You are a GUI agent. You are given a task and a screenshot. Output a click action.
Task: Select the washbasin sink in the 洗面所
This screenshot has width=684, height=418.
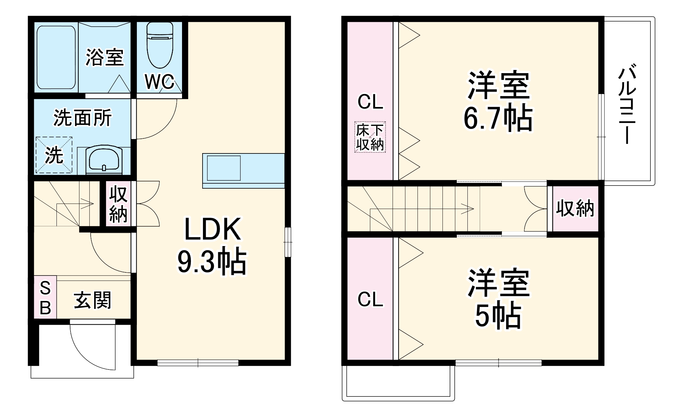[104, 160]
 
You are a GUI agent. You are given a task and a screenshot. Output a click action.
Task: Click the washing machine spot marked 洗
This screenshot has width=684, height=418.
[54, 155]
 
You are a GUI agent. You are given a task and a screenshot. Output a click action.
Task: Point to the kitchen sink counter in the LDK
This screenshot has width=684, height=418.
[243, 171]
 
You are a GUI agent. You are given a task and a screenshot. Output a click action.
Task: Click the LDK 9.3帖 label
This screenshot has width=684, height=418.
[212, 246]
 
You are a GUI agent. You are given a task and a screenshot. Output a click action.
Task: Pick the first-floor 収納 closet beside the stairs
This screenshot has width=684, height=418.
[118, 204]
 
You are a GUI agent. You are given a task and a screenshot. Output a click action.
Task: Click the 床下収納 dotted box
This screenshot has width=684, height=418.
[370, 137]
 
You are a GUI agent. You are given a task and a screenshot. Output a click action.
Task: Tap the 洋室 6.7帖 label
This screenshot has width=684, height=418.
[498, 102]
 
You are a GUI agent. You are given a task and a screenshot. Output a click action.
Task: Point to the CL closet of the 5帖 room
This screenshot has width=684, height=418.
[370, 299]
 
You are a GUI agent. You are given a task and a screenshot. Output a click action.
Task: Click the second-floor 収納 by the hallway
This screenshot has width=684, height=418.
[575, 208]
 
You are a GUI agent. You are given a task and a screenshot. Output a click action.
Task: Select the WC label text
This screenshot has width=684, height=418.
[159, 82]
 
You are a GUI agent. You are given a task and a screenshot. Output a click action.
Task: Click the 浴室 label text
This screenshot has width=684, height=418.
[104, 57]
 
